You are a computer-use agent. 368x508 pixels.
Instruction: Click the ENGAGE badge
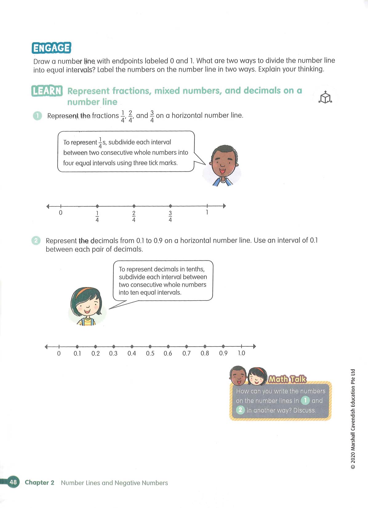coord(51,48)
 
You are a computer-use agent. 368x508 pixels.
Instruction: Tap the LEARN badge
coord(47,91)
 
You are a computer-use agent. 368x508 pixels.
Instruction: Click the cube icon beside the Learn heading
coord(325,98)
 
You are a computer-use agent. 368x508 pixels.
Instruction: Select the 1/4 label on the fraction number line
coord(97,216)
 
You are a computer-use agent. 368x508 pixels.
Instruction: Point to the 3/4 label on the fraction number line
coord(170,216)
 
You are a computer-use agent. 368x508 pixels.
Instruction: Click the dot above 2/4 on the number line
coord(134,206)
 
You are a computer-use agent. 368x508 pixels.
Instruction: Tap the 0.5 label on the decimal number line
coord(150,353)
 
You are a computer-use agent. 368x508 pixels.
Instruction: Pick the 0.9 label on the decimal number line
coord(223,353)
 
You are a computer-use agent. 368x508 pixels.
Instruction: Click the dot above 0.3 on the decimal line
coord(114,347)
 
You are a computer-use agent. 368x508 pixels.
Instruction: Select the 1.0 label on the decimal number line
coord(241,353)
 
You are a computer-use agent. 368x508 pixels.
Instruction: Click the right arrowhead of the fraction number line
coord(224,206)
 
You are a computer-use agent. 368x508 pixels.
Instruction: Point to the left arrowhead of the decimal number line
coord(46,347)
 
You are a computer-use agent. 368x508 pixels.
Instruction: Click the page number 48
coord(13,482)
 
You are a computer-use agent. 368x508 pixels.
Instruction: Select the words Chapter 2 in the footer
coord(39,482)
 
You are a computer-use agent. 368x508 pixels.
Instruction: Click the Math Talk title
coord(287,379)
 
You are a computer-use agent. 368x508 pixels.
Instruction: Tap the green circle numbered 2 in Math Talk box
coord(240,410)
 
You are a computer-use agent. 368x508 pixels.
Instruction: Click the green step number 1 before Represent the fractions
coord(37,116)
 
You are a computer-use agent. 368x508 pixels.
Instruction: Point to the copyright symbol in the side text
coord(353,467)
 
